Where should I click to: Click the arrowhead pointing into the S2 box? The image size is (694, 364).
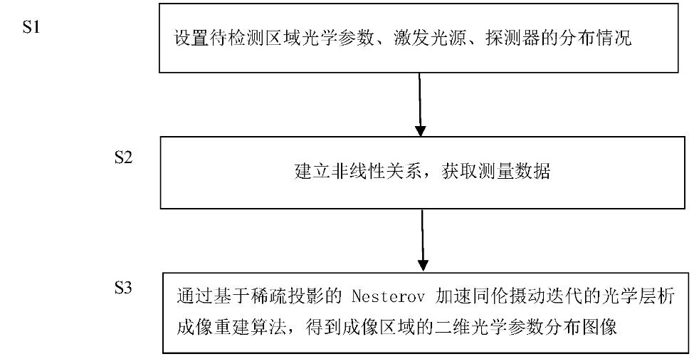pos(421,130)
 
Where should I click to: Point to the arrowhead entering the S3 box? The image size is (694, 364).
pos(424,264)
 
